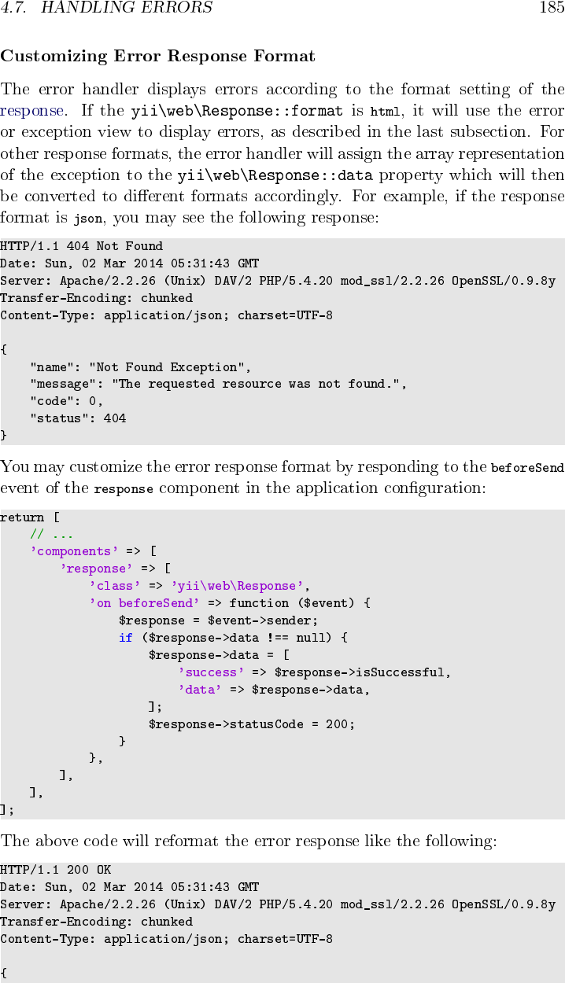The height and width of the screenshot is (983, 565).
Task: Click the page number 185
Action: [552, 9]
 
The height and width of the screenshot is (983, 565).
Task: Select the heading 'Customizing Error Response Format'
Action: [158, 57]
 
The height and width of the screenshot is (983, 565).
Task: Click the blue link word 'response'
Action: [32, 111]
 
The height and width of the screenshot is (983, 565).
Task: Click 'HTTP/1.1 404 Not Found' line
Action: [82, 246]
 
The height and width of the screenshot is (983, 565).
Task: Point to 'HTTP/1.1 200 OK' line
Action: [56, 870]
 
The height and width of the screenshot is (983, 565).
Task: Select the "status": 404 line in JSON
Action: [78, 418]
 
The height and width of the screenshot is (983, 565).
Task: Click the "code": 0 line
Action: [67, 401]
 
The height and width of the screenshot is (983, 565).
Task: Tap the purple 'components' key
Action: [74, 551]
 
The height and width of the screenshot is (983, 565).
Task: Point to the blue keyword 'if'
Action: [126, 638]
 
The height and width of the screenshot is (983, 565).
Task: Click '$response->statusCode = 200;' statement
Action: [252, 724]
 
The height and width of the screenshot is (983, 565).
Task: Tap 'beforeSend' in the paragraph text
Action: [527, 468]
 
